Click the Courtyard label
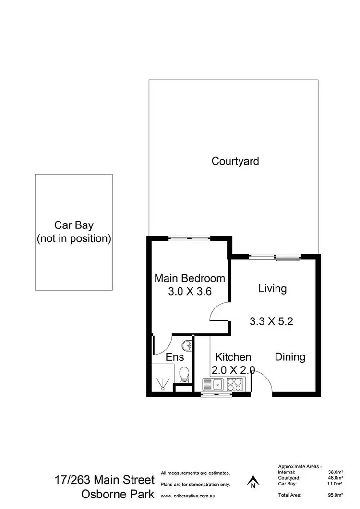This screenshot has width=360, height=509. pos(235,161)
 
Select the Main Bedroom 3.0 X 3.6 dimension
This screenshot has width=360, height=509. pos(190,291)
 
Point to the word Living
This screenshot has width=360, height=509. pos(272,288)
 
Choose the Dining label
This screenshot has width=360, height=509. pos(290,357)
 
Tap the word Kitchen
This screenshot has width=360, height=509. pos(233,357)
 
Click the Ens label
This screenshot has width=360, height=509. pos(175,357)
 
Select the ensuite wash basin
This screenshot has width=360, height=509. pos(186,345)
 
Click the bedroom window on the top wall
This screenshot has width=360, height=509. pos(190,238)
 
